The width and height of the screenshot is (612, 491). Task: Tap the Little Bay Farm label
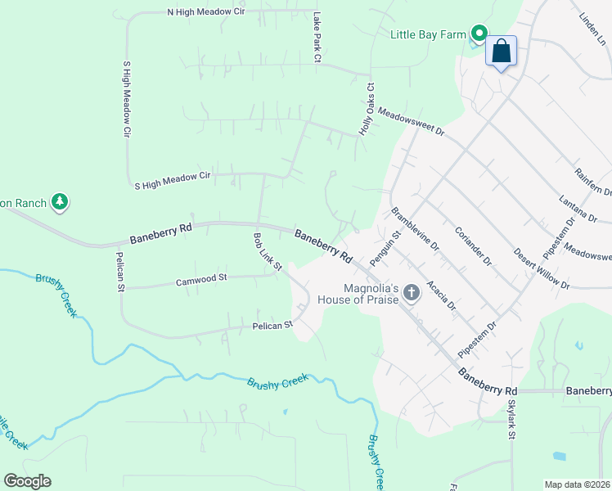coord(427,34)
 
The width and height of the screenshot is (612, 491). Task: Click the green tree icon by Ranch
coord(59,200)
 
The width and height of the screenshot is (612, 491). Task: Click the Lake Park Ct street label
coord(317,38)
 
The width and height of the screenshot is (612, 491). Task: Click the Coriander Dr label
coord(473,245)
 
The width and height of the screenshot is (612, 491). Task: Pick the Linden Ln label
coord(591,29)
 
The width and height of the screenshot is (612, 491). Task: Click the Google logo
coord(27,481)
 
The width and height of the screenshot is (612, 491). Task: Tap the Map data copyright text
coord(577,484)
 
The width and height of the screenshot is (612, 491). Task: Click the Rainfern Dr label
coord(593,181)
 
